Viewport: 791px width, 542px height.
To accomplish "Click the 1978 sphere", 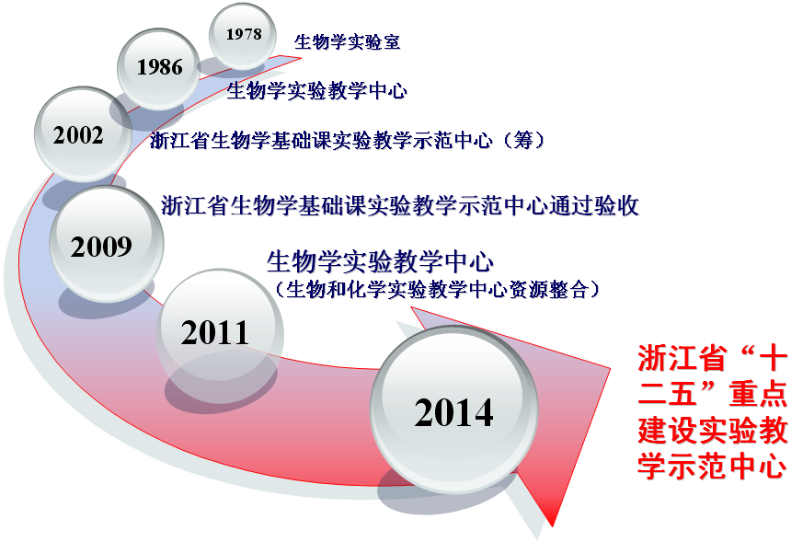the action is coord(243,36).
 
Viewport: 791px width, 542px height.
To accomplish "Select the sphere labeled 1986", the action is coord(158,69).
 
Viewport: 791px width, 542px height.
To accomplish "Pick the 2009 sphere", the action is coord(107,244).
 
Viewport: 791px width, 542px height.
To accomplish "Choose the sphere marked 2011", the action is coord(220,332).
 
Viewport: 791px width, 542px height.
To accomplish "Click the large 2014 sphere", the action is coord(454,409).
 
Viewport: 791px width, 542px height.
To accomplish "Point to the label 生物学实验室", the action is coord(348,42).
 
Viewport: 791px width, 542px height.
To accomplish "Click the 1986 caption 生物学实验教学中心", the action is coord(316,91).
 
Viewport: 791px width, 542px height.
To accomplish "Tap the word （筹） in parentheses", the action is coord(524,140).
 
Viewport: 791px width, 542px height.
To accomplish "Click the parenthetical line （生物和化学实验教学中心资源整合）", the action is coord(437,290).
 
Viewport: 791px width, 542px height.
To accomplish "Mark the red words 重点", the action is coord(757,394).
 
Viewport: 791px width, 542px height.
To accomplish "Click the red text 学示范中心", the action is coord(712,467).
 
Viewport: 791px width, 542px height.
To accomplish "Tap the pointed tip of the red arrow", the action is coord(553,526).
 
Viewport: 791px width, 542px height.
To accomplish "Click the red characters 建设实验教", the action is coord(712,431).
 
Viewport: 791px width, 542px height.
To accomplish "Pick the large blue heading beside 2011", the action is coord(380,261).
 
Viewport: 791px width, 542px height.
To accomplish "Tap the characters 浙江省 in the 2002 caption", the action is coord(179,140).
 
